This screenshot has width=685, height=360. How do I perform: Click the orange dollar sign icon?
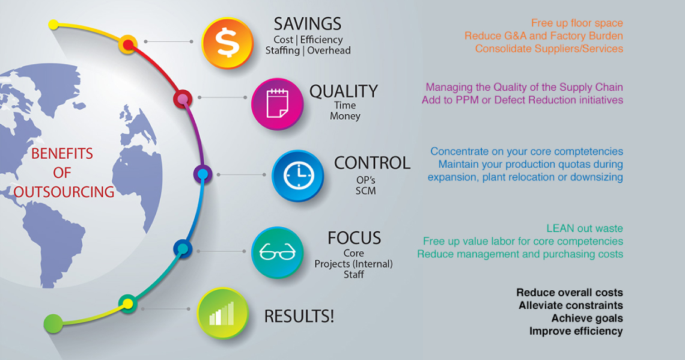pos(228,43)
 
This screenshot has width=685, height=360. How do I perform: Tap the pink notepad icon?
pos(278,104)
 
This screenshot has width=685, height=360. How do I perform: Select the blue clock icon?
pos(298,175)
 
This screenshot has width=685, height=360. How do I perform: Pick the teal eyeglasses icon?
pos(278,252)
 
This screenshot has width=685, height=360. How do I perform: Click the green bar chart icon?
pos(223,313)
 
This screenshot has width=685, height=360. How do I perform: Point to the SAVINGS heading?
pos(308,24)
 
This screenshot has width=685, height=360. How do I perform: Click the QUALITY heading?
pos(344,91)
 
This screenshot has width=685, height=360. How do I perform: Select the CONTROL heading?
pos(372,163)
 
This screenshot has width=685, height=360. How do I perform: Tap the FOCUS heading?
pos(355,238)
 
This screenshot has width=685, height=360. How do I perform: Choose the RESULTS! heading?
pos(299,316)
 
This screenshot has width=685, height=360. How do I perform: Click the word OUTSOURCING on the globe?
pos(64,192)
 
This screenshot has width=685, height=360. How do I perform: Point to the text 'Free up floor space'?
pos(577,23)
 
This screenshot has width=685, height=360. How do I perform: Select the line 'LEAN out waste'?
pos(585,228)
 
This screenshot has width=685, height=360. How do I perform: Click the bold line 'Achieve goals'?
pos(587,319)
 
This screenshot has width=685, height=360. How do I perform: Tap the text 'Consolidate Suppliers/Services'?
pos(549,49)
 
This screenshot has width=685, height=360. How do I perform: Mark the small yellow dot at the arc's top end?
pos(53,25)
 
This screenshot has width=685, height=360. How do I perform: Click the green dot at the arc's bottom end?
pos(53,324)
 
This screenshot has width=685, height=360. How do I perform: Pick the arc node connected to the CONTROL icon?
pos(202,174)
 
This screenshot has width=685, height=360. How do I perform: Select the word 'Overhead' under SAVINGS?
pos(329,50)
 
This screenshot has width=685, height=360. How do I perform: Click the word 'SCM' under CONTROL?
pos(366,191)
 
